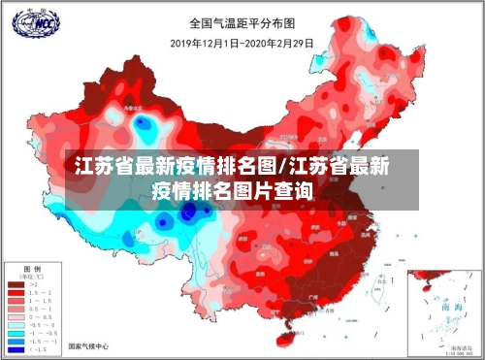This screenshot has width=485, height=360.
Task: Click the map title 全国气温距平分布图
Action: [242, 21]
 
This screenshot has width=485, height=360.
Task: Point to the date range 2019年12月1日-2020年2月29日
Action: [242, 42]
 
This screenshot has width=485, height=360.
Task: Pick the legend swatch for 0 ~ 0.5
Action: [16, 315]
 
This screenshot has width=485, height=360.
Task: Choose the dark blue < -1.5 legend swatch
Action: [16, 349]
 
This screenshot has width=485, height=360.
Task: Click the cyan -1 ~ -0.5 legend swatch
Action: [16, 333]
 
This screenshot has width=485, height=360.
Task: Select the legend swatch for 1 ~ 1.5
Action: [16, 302]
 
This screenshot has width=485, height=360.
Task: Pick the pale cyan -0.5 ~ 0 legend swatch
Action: [16, 324]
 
